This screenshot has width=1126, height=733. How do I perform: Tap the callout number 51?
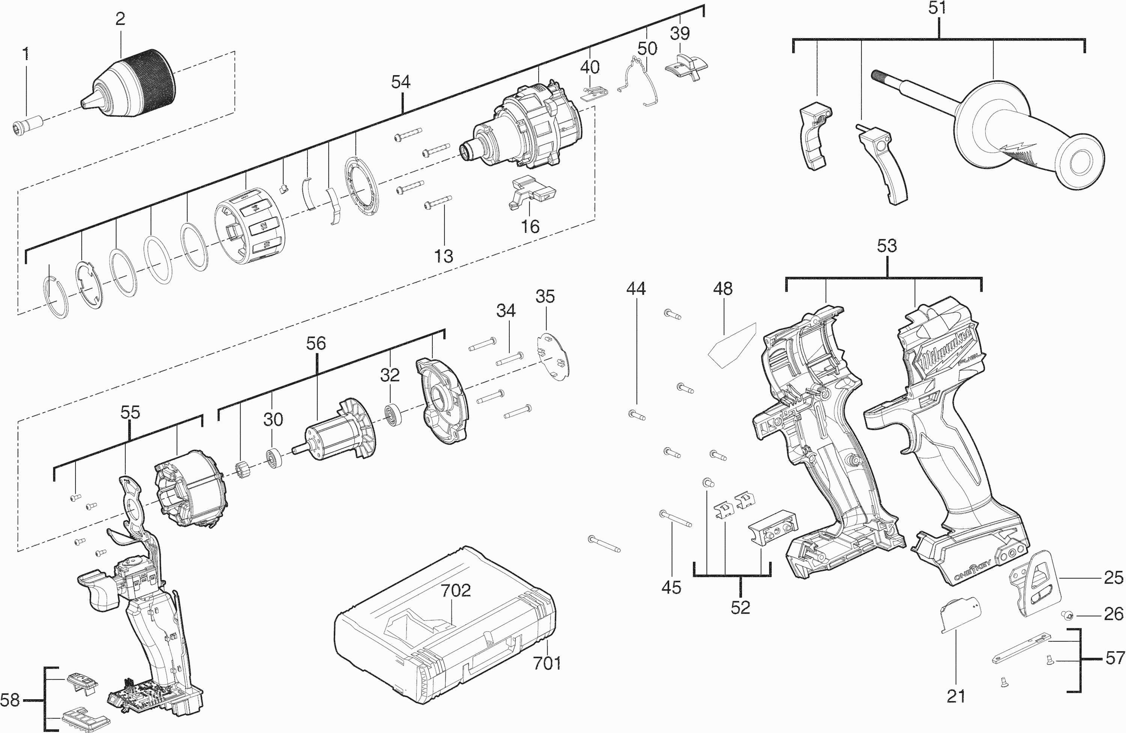(x=937, y=9)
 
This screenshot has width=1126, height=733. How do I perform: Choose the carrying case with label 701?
(x=445, y=639)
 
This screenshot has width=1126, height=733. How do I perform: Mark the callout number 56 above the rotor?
(x=316, y=344)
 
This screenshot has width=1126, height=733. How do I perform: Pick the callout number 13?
(x=444, y=256)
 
